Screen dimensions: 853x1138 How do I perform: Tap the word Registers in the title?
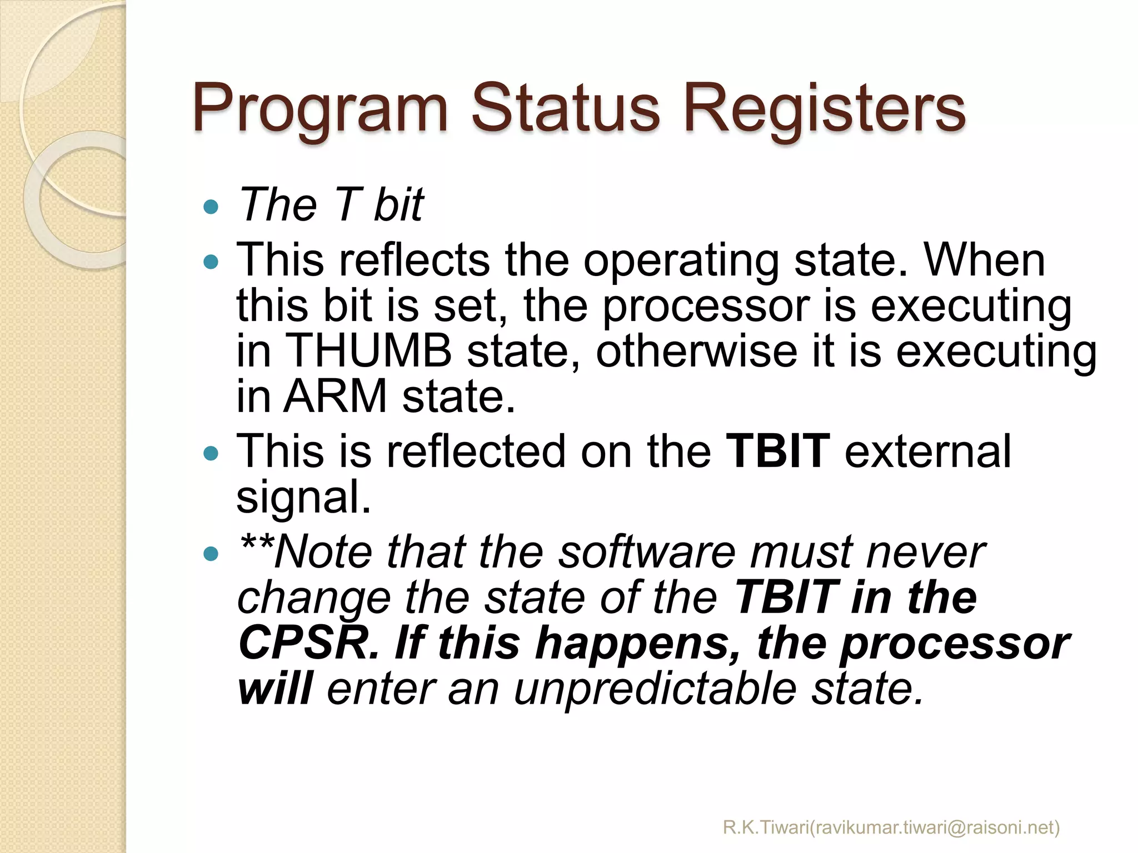pyautogui.click(x=825, y=109)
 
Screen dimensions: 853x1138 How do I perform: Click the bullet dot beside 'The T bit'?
pyautogui.click(x=211, y=207)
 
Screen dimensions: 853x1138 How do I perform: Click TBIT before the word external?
pyautogui.click(x=778, y=450)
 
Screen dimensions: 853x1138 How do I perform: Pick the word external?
pyautogui.click(x=927, y=450)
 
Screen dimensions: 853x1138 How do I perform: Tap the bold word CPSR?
pyautogui.click(x=309, y=642)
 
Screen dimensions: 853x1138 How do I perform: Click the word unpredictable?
pyautogui.click(x=656, y=689)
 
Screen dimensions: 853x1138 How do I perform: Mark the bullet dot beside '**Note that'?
pyautogui.click(x=211, y=554)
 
